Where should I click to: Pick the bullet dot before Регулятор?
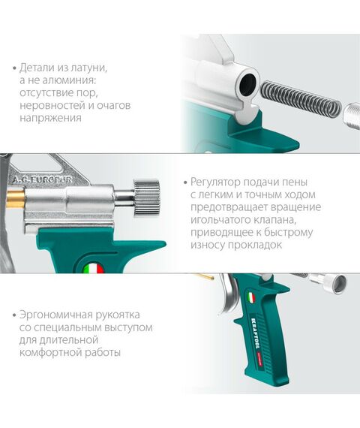pos(185,182)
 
